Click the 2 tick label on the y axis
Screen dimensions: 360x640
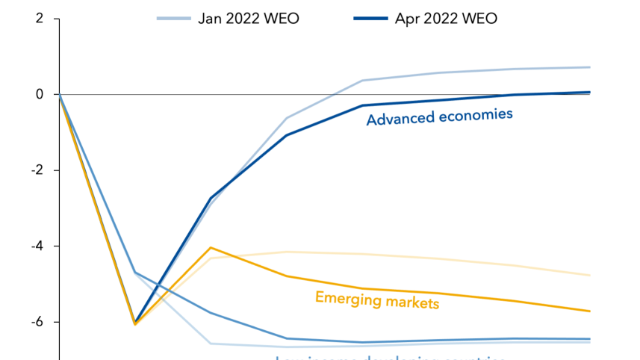click(39, 19)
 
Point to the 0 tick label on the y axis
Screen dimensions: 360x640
click(39, 94)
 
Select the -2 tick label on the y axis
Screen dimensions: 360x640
click(36, 170)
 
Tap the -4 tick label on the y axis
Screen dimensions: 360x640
click(36, 246)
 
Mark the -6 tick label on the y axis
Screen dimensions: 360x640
click(36, 322)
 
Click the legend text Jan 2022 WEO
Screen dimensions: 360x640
click(248, 19)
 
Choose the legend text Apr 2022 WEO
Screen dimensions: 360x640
click(446, 19)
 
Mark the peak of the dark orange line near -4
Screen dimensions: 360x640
click(211, 247)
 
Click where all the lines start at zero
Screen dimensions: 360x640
click(60, 94)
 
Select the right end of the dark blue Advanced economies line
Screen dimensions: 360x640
click(589, 93)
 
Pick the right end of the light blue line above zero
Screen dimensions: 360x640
click(589, 67)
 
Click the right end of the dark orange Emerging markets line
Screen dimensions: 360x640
click(589, 311)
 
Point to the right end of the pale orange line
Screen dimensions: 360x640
click(589, 276)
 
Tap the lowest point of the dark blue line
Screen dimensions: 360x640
click(135, 323)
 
